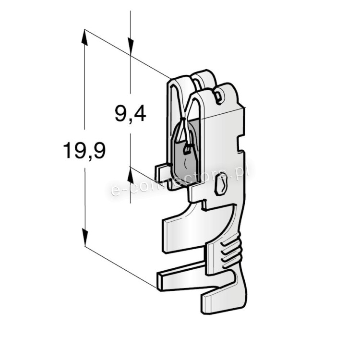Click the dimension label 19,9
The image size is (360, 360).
point(84,150)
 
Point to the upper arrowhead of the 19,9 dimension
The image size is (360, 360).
point(84,37)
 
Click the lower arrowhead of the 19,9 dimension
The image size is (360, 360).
point(84,237)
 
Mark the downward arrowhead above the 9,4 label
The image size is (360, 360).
point(131,47)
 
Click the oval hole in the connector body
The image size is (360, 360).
point(221,184)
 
